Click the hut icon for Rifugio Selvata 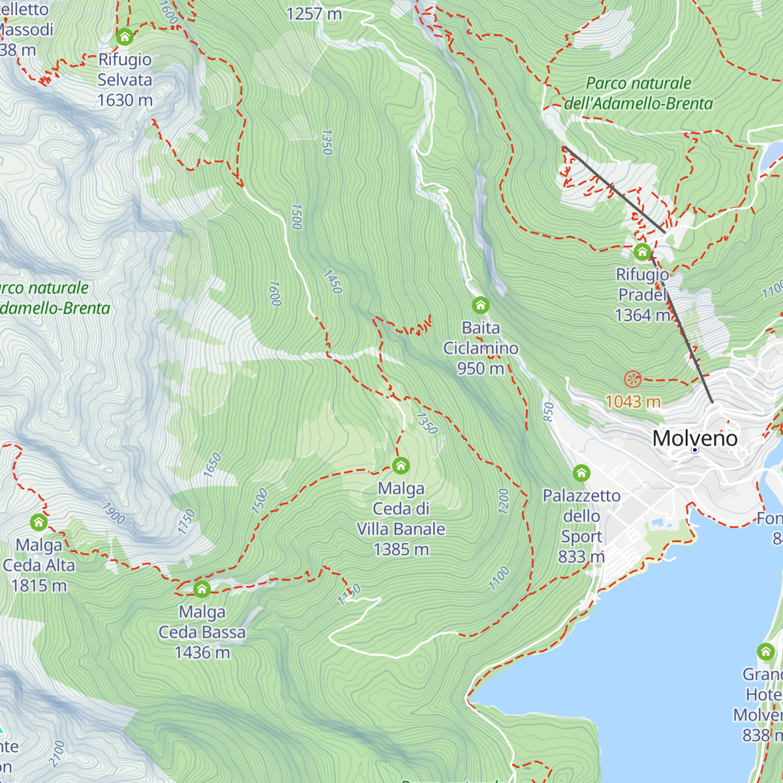click(x=125, y=37)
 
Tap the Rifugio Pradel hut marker click(x=642, y=252)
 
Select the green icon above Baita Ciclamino click(x=481, y=305)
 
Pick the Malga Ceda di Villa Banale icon click(x=401, y=465)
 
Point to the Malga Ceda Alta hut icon click(x=38, y=522)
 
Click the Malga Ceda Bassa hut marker click(x=202, y=589)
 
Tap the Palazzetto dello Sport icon click(x=581, y=472)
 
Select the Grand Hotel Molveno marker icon click(x=765, y=651)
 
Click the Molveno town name click(x=695, y=438)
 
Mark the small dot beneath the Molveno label click(x=695, y=450)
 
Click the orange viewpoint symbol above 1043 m click(x=633, y=378)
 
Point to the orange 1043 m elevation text click(x=633, y=401)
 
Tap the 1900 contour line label click(x=113, y=514)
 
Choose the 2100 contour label click(x=57, y=753)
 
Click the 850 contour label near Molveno click(x=548, y=411)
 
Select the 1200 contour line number click(x=503, y=501)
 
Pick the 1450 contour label click(x=333, y=282)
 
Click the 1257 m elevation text click(x=314, y=14)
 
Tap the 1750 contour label click(x=187, y=521)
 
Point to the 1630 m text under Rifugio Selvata click(x=125, y=100)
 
